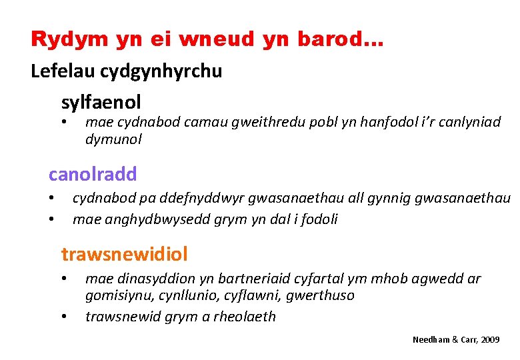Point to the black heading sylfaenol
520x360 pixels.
(x=101, y=102)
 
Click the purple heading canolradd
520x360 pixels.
(x=93, y=175)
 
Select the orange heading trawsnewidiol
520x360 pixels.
(x=124, y=254)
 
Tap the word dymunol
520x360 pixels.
(x=113, y=139)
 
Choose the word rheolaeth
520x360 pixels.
(x=242, y=317)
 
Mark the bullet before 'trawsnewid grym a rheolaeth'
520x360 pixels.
(x=65, y=317)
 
